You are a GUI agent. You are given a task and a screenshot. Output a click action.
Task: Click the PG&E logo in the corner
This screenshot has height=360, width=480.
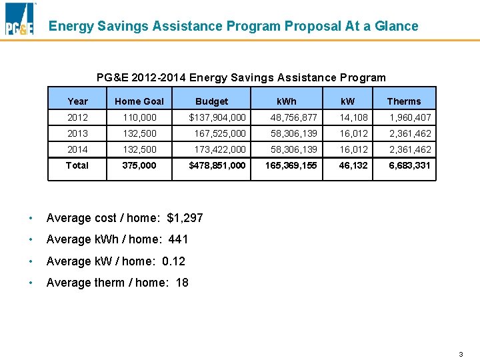[19, 19]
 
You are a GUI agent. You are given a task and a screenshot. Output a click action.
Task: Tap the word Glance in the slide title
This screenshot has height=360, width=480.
[393, 27]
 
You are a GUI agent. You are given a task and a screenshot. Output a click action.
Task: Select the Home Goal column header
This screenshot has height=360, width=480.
[139, 101]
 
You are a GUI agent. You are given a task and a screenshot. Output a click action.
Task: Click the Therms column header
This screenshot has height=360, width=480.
[404, 101]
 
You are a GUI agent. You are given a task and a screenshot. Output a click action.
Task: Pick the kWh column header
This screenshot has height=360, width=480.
[287, 101]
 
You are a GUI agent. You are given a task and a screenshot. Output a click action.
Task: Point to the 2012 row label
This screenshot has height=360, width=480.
[77, 117]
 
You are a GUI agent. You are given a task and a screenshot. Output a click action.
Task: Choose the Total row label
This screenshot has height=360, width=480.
[77, 165]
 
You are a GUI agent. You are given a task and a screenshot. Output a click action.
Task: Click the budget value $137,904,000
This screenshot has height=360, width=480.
[217, 117]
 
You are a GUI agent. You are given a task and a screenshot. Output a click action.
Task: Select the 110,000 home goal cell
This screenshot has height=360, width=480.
[139, 117]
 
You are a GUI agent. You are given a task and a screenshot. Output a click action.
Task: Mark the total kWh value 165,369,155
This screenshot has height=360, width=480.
[291, 165]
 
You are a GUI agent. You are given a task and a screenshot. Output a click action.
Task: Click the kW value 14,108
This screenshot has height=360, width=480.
[353, 117]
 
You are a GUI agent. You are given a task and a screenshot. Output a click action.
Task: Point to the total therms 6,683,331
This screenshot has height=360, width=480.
[410, 165]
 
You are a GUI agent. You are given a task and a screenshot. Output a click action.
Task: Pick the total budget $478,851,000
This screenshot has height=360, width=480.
[217, 165]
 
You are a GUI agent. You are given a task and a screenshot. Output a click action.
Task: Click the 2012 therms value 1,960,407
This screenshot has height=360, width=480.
[411, 117]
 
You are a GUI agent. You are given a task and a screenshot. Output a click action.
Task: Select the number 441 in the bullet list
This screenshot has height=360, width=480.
[178, 239]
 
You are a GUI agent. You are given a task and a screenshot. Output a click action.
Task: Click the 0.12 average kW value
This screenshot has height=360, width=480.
[173, 261]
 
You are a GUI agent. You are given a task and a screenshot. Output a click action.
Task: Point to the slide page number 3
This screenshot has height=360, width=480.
[461, 354]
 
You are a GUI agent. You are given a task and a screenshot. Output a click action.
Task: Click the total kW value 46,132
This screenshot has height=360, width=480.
[353, 165]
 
